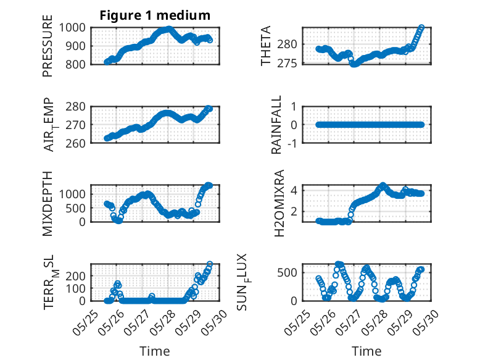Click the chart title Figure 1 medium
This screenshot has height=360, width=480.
point(155,15)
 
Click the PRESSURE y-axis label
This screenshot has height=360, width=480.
point(48,46)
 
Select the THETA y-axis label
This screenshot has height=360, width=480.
point(266,46)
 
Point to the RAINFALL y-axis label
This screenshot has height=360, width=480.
point(276,125)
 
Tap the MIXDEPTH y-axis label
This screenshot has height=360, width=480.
point(48,203)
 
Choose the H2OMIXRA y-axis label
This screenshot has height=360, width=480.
point(279,203)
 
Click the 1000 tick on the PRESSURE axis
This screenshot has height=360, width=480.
point(72,28)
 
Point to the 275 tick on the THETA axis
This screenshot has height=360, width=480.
point(287,64)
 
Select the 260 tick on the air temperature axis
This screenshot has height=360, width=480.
point(75,143)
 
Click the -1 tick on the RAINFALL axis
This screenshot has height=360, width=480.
point(293,143)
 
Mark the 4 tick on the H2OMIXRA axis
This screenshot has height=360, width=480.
point(294,191)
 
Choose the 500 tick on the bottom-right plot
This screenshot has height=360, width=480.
point(287,273)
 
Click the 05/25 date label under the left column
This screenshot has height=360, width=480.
point(86,322)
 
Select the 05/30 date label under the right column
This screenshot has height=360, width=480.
point(426,322)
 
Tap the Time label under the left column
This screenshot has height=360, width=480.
point(155,351)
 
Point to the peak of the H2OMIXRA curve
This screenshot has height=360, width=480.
point(383,185)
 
